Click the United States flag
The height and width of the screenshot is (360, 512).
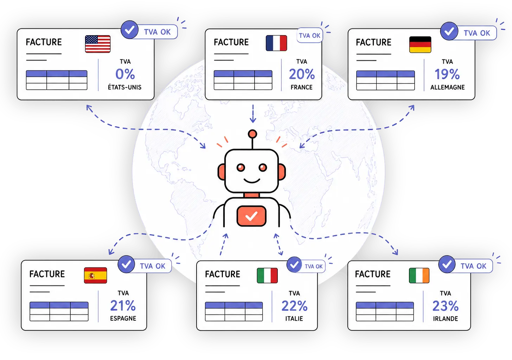pos(98,44)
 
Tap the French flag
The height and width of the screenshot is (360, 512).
pos(276,43)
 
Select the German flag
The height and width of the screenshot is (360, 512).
pos(420,45)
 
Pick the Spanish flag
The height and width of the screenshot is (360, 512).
pos(95,275)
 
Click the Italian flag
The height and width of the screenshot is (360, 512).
pos(267,275)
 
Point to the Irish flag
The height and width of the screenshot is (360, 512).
pos(419,275)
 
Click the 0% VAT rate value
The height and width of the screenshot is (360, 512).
pos(125,74)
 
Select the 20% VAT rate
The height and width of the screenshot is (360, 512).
pos(302,74)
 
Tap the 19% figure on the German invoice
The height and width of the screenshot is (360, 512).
pos(447,74)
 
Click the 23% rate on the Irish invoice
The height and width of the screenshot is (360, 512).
pos(445,306)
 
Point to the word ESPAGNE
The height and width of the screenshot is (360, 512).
pos(123,319)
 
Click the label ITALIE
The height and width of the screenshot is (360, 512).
pos(294,319)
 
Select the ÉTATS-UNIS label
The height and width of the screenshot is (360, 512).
pos(124,87)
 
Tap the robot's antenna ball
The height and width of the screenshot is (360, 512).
pos(252,134)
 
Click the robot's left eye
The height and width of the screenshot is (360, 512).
pos(241,168)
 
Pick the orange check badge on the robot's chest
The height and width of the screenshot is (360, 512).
pos(251,216)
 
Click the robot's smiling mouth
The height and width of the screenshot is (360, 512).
pos(252,181)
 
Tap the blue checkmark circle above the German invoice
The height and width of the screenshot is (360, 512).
pos(449,31)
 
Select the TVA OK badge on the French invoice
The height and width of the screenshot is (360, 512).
pos(310,36)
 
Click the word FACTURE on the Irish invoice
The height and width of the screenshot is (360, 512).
pos(373,274)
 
